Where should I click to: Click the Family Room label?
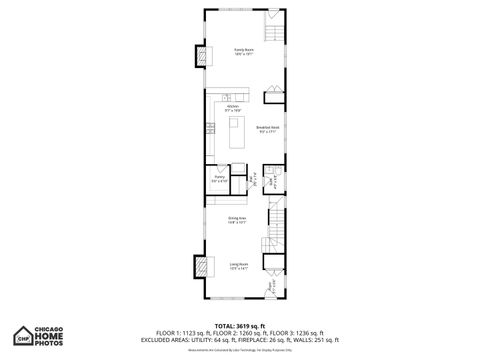click(x=243, y=51)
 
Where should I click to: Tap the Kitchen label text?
click(x=233, y=106)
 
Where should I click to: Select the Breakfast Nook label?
click(x=267, y=128)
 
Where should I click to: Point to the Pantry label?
click(x=218, y=180)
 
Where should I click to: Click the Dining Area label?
click(x=237, y=219)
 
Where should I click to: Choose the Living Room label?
click(x=238, y=265)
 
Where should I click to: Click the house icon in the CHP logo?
click(x=21, y=336)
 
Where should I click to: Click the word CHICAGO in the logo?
click(x=53, y=327)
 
